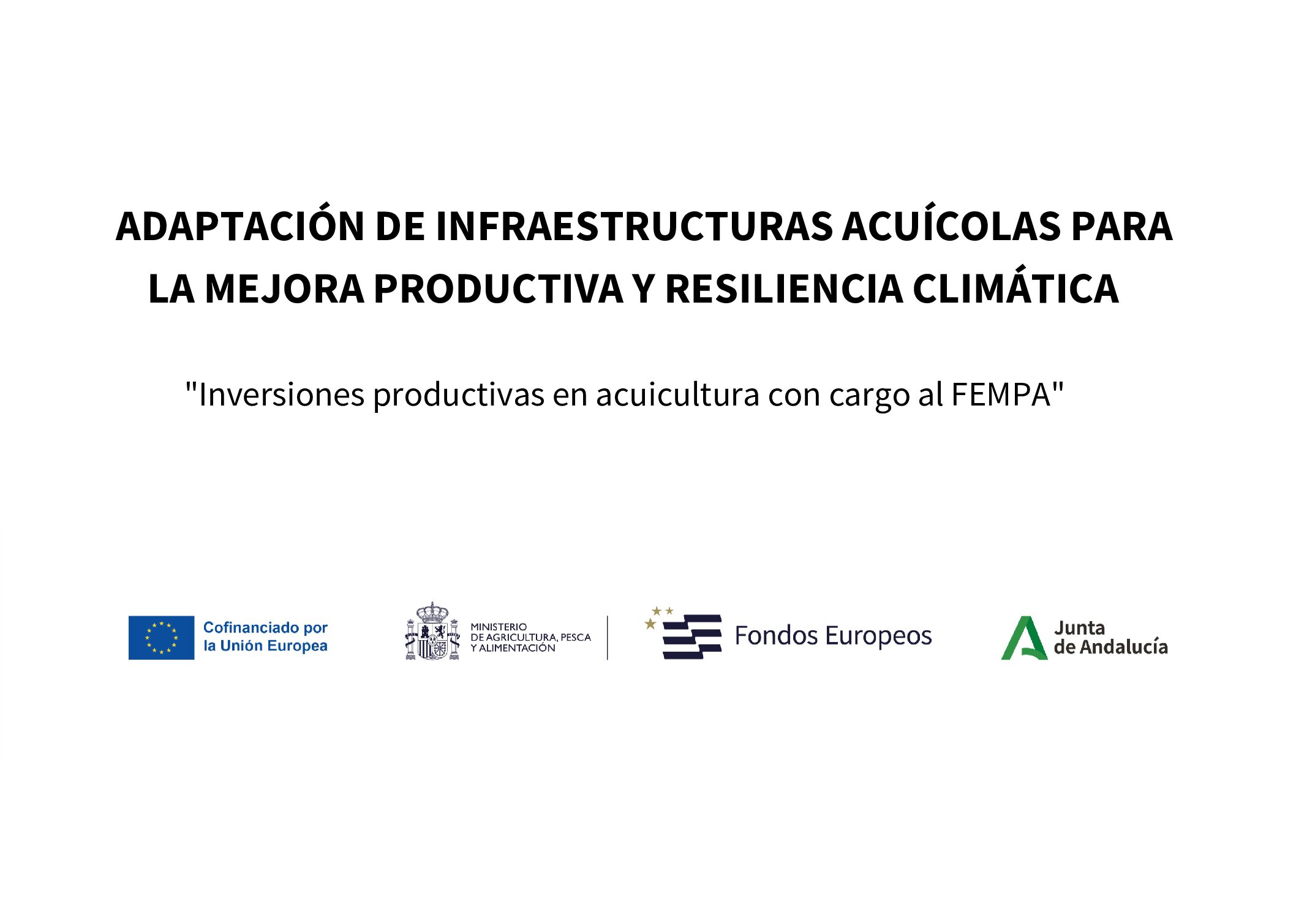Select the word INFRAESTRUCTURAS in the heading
[634, 226]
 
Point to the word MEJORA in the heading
[285, 289]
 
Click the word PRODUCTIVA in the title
[499, 289]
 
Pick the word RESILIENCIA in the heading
[784, 289]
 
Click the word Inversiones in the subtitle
[282, 394]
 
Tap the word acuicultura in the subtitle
[678, 394]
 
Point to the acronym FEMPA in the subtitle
[1001, 394]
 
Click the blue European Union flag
[161, 638]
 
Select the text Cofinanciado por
[265, 628]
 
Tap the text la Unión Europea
[265, 646]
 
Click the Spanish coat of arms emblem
[432, 631]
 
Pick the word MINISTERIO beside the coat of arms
[499, 627]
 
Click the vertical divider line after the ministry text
[608, 638]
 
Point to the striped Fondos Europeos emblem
[683, 633]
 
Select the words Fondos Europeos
[833, 636]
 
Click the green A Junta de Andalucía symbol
[1024, 638]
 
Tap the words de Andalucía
[1110, 647]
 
